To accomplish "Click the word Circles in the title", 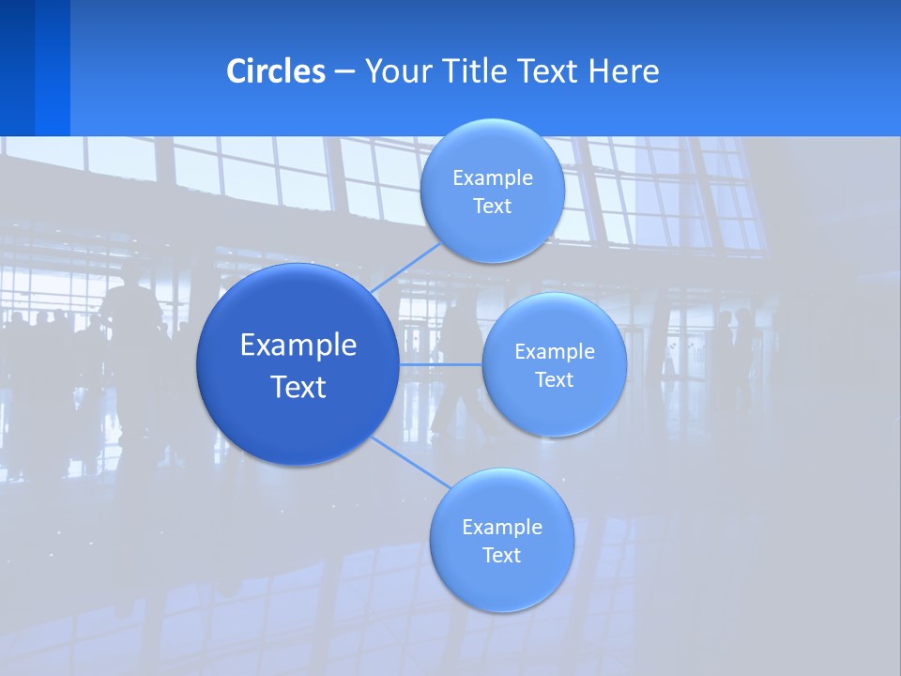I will pyautogui.click(x=276, y=71).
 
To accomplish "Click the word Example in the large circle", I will pyautogui.click(x=298, y=346).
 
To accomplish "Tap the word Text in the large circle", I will pyautogui.click(x=298, y=387).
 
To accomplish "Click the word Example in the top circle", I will pyautogui.click(x=492, y=178).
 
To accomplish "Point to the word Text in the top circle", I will pyautogui.click(x=492, y=207).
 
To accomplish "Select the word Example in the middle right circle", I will pyautogui.click(x=554, y=352).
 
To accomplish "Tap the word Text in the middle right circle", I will pyautogui.click(x=554, y=380).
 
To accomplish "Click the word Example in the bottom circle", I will pyautogui.click(x=501, y=528).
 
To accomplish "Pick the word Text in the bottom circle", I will pyautogui.click(x=501, y=556).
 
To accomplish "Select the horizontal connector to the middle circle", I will pyautogui.click(x=440, y=364).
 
